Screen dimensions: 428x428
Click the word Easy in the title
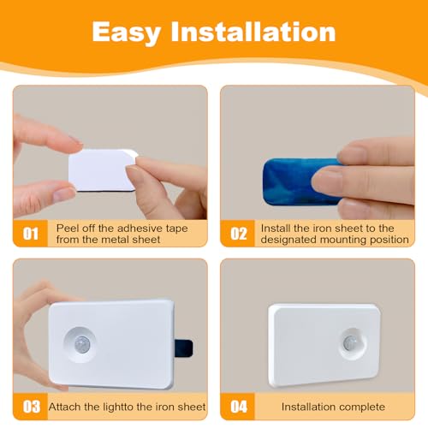[x=127, y=33]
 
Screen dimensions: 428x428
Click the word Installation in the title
[x=253, y=32]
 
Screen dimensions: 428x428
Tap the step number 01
[x=31, y=234]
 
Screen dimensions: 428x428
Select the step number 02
[x=239, y=234]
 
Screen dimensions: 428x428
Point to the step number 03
[x=32, y=407]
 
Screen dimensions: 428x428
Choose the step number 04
[x=239, y=407]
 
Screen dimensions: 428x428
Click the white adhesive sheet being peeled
[x=103, y=169]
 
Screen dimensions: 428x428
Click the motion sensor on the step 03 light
[x=82, y=344]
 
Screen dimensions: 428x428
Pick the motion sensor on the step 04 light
[x=350, y=342]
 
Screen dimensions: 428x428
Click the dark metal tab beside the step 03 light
[x=183, y=348]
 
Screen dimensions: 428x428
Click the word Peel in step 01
[x=67, y=229]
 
